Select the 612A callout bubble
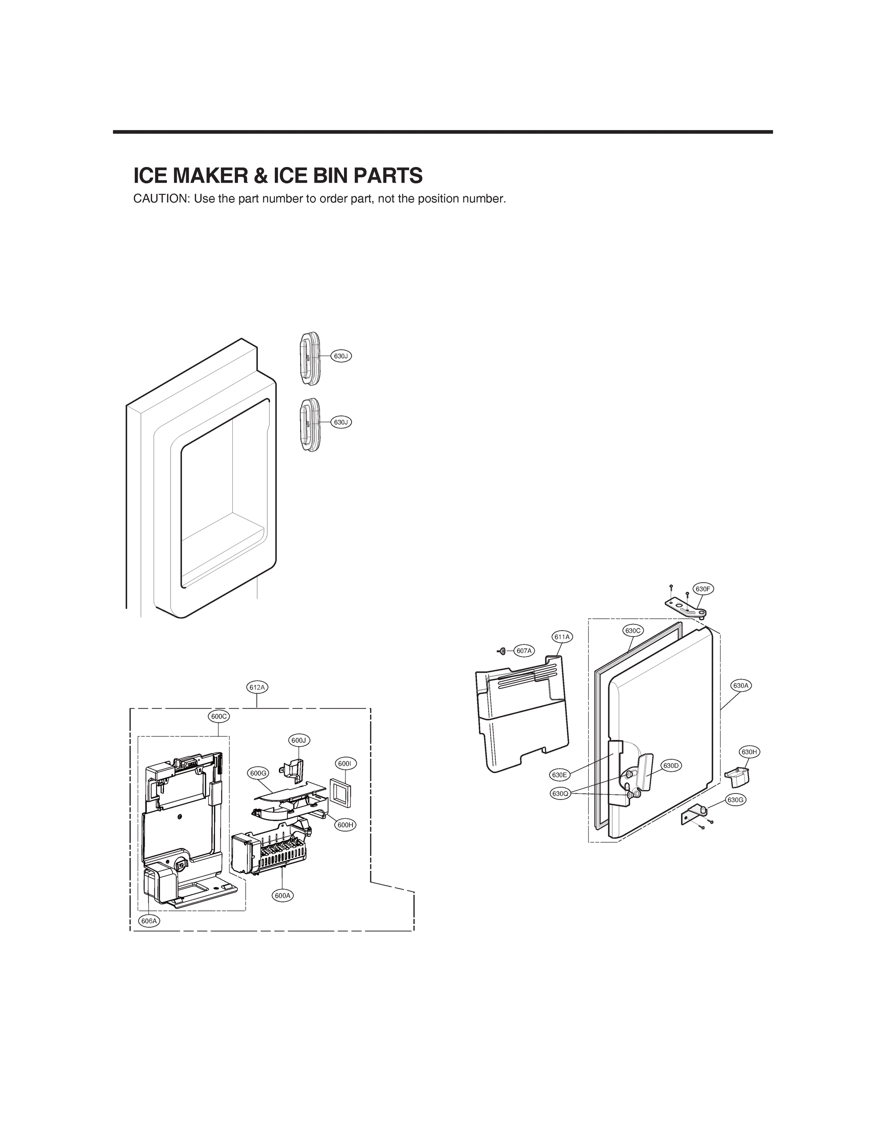tap(257, 687)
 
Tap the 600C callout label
tap(218, 717)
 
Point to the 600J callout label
tap(299, 741)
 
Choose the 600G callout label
tap(258, 774)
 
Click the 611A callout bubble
tap(562, 637)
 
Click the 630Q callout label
tap(560, 794)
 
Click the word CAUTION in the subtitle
tap(161, 200)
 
